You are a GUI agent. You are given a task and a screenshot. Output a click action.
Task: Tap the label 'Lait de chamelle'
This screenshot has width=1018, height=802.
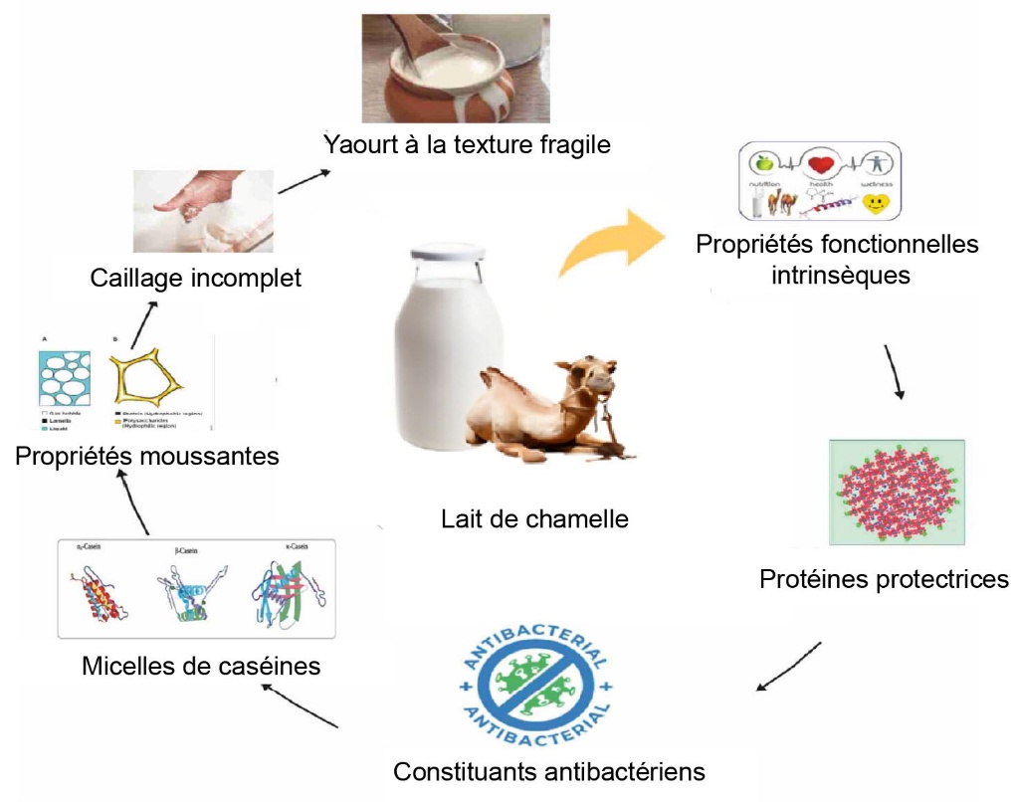click(535, 518)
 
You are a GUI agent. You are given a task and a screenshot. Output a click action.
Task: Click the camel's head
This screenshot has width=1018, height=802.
click(596, 374)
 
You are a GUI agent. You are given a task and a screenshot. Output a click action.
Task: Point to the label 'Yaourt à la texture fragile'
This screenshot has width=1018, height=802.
click(466, 144)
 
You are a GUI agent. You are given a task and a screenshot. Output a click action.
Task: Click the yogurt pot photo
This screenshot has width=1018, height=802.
click(455, 67)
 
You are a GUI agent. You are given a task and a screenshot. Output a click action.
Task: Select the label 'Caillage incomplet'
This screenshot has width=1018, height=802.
click(195, 278)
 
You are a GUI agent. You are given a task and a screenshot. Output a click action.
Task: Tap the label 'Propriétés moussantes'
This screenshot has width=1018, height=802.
click(146, 457)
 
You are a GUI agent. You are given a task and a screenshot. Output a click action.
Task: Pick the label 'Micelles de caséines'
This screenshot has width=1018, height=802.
click(202, 665)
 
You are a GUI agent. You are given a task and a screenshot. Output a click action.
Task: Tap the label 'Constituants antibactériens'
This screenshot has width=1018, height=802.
click(549, 771)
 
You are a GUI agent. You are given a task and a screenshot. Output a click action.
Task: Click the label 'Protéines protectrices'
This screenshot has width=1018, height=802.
click(884, 579)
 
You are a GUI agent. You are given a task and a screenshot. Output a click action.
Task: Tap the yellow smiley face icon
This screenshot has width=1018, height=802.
click(875, 203)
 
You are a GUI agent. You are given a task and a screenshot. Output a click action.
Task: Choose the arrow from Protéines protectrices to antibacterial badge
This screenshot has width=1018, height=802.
click(788, 666)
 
